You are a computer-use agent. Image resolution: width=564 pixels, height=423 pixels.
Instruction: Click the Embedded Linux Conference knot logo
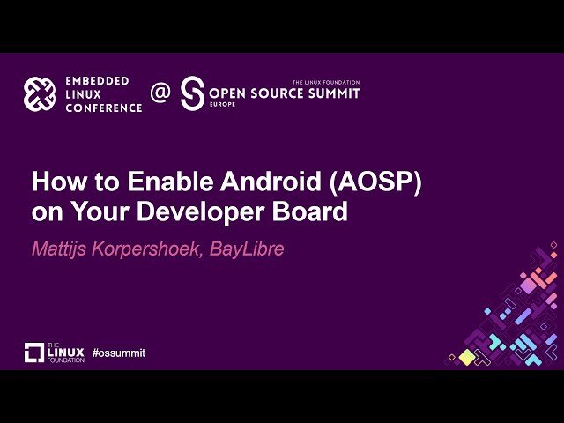pyautogui.click(x=40, y=94)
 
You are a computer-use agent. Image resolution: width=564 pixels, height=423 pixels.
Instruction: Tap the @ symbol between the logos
pyautogui.click(x=160, y=93)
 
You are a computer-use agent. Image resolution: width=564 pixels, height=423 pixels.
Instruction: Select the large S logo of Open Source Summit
pyautogui.click(x=192, y=93)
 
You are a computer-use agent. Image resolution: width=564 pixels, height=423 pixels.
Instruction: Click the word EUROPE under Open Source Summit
pyautogui.click(x=222, y=104)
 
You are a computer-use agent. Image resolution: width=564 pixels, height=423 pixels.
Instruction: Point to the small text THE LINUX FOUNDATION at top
pyautogui.click(x=326, y=82)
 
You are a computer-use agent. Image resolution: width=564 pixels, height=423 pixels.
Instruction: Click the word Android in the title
pyautogui.click(x=271, y=182)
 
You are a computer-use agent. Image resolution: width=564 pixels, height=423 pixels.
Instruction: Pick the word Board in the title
pyautogui.click(x=309, y=211)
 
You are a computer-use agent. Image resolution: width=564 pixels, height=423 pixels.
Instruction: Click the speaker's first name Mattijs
pyautogui.click(x=59, y=249)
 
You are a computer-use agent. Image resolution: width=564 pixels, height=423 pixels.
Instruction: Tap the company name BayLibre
pyautogui.click(x=247, y=249)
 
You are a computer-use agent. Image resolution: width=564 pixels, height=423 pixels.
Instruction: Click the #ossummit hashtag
pyautogui.click(x=119, y=352)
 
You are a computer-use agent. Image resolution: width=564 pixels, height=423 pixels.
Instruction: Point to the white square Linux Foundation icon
pyautogui.click(x=34, y=352)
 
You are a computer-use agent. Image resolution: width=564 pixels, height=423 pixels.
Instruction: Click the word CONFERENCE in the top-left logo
pyautogui.click(x=104, y=108)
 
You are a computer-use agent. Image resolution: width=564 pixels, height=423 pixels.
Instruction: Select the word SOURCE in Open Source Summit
pyautogui.click(x=277, y=93)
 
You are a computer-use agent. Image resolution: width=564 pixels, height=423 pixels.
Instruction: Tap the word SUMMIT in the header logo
pyautogui.click(x=334, y=93)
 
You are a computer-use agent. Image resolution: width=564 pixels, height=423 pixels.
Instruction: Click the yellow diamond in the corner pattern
pyautogui.click(x=467, y=357)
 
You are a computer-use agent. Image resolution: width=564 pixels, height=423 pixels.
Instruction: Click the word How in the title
pyautogui.click(x=59, y=182)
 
